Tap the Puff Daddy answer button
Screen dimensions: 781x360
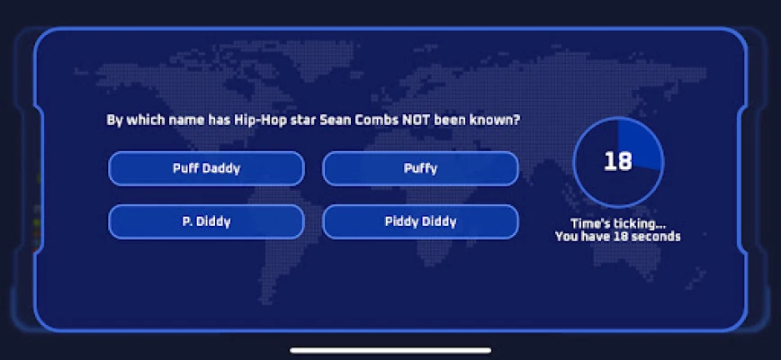click(206, 168)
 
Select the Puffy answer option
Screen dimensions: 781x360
click(420, 168)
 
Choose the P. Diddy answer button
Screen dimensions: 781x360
click(206, 221)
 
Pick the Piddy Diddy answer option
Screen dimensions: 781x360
click(420, 221)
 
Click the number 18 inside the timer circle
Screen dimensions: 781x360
click(618, 162)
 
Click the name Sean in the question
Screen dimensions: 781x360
click(333, 120)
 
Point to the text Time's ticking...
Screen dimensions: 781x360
click(618, 224)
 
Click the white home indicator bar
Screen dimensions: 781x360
click(390, 350)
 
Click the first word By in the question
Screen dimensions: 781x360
click(114, 121)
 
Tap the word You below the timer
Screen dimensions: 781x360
click(566, 237)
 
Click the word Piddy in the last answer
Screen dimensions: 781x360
click(400, 221)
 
